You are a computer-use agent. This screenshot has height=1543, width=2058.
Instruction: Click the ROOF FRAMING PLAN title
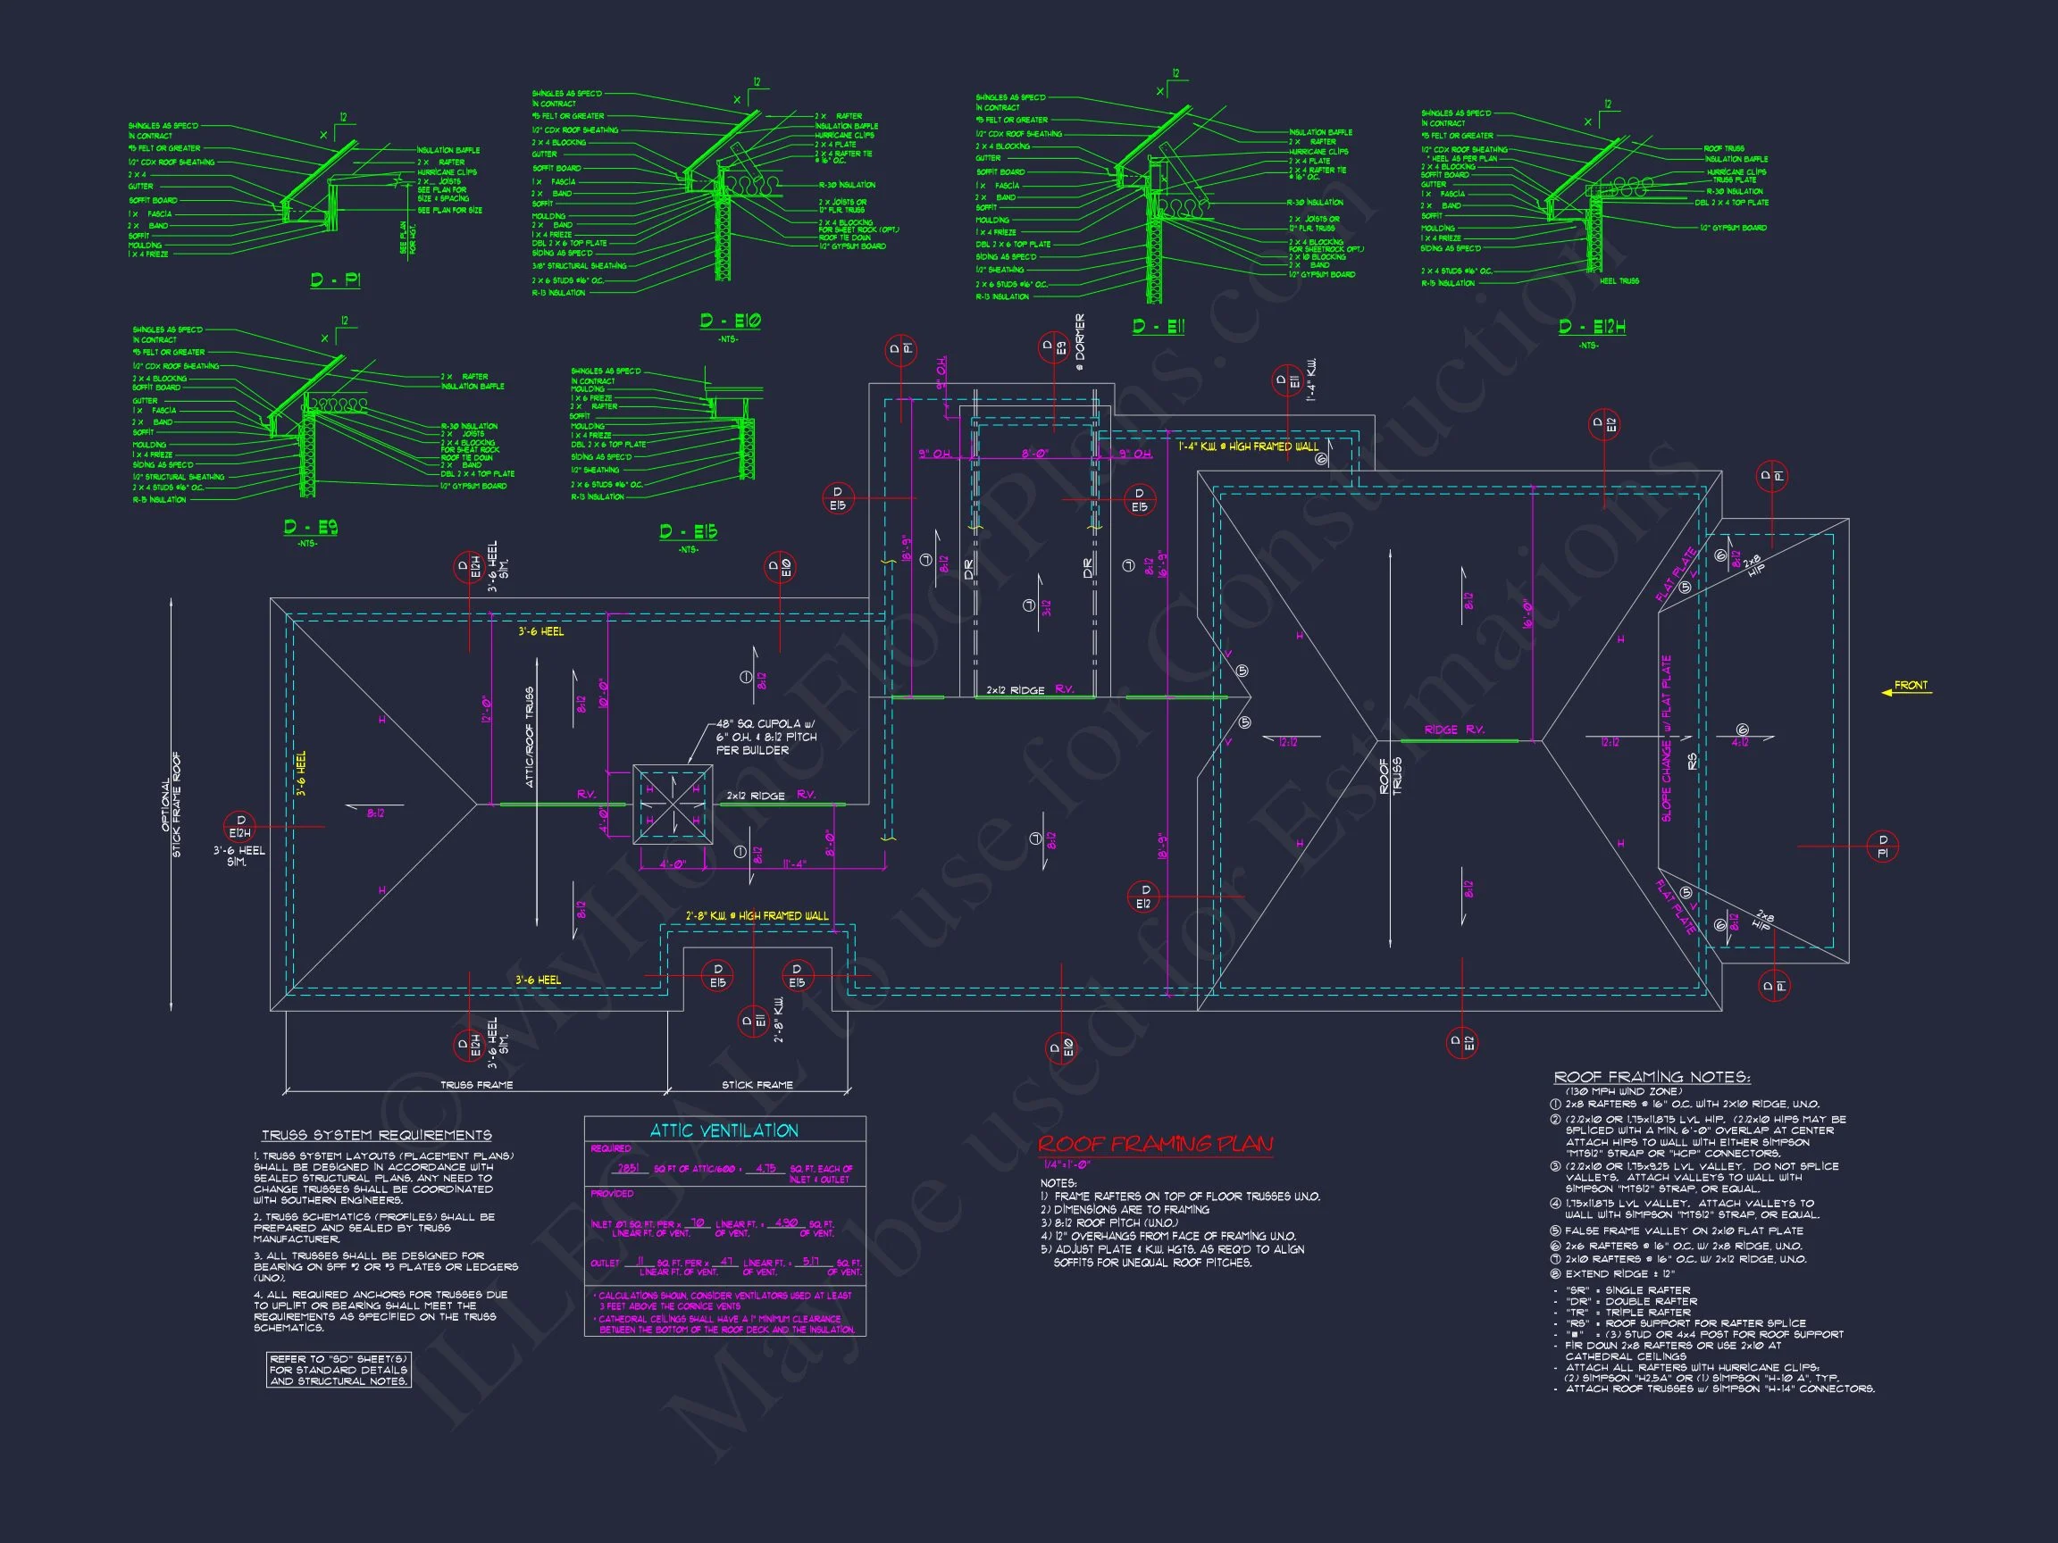(1155, 1144)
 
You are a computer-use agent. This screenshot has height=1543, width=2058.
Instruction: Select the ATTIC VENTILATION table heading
(724, 1131)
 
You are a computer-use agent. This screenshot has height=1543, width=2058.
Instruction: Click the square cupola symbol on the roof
(673, 805)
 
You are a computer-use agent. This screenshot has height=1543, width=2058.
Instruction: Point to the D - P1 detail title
(335, 280)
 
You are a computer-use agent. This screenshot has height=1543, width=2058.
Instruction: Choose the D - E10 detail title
(731, 321)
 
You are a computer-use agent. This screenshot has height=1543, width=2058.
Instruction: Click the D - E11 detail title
(1159, 327)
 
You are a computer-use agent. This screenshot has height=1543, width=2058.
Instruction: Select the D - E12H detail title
(1592, 327)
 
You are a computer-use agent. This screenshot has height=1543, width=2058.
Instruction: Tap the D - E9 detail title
(311, 528)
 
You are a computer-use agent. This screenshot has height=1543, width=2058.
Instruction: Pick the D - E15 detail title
(689, 532)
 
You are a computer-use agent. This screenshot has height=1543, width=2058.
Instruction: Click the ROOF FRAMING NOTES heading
(1652, 1077)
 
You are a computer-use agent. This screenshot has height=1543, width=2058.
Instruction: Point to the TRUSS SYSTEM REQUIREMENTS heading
(377, 1136)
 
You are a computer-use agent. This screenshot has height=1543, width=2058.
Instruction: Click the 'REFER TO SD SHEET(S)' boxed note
(339, 1370)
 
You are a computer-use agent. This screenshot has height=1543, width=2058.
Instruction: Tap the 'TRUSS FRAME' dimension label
(476, 1084)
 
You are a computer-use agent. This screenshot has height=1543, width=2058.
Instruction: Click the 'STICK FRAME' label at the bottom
(757, 1084)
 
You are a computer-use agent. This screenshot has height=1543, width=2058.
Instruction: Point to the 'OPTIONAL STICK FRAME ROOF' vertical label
(172, 805)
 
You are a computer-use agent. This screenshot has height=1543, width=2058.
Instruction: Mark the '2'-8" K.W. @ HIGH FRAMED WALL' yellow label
(757, 916)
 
